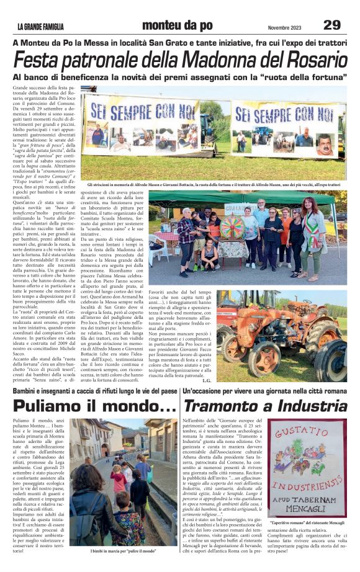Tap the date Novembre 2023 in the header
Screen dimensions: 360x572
tap(285, 27)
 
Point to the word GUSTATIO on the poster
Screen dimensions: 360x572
tap(307, 432)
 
